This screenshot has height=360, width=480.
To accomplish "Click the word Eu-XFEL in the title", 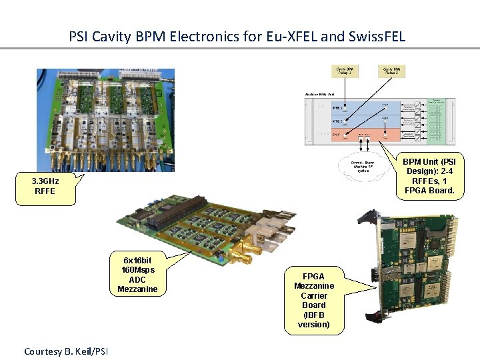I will [291, 36].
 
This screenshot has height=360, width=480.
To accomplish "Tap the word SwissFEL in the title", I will [375, 36].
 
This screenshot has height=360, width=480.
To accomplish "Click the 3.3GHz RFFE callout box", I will [45, 186].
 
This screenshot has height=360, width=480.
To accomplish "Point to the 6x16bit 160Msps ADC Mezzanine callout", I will [137, 275].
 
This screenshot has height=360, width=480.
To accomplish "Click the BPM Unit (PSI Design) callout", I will [429, 176].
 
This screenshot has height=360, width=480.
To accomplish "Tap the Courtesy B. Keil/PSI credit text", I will [66, 351].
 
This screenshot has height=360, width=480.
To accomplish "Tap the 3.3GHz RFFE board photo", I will [105, 120].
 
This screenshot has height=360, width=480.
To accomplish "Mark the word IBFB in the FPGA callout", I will [313, 315].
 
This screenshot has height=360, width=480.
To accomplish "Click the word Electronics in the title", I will [204, 36].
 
